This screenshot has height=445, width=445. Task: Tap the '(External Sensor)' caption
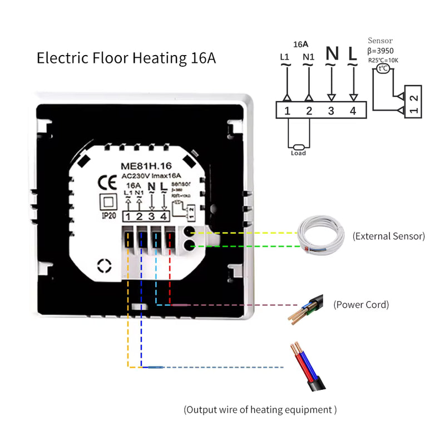tap(388, 236)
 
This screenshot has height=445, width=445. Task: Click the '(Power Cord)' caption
tap(361, 305)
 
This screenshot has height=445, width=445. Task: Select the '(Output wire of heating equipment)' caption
tap(260, 410)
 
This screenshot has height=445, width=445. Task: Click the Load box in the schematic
tap(298, 153)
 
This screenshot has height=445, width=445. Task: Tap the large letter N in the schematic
tap(332, 54)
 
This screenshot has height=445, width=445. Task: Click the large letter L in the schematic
tap(352, 54)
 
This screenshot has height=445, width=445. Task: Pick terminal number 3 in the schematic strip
tap(331, 111)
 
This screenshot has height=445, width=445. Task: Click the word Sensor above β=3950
tap(380, 41)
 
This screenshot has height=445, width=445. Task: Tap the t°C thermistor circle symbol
tap(383, 68)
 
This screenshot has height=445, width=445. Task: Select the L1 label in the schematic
tap(285, 56)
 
